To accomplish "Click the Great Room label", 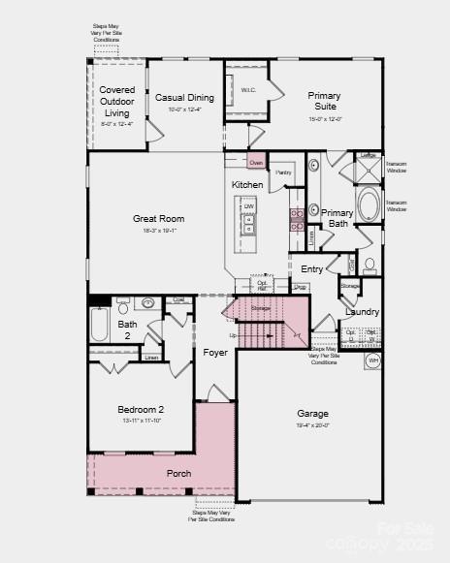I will point(158,219).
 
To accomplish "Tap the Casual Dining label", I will point(184,98).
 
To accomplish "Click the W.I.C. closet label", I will point(248,90).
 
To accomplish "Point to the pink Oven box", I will point(256,163).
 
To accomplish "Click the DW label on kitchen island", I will point(249,206).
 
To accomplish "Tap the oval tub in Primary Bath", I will point(369,205).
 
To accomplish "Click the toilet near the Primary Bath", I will point(370,264).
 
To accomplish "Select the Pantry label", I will point(283,172).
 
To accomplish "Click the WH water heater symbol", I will point(372,360).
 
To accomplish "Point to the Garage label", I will point(312,414).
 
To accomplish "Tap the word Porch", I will point(178,473).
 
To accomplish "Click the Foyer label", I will point(215,353).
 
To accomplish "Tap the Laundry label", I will point(362,312).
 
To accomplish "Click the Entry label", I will point(312,269).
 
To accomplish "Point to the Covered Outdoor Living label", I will point(117,102).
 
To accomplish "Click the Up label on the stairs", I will point(232,335).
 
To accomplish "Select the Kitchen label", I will point(246,185).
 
